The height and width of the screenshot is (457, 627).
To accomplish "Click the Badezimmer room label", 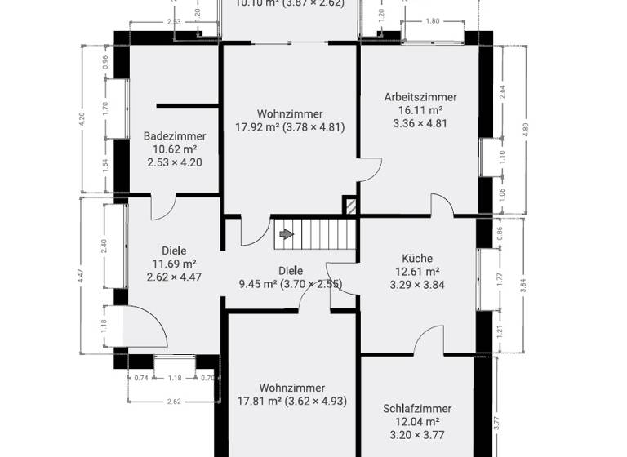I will [175, 136].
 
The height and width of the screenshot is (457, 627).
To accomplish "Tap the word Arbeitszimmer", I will [420, 97].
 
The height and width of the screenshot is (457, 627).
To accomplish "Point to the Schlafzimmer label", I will [417, 409].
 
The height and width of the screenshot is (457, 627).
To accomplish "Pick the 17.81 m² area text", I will [256, 401].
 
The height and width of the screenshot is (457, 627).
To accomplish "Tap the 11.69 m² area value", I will [174, 264].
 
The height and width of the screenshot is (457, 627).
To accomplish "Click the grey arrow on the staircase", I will [287, 235].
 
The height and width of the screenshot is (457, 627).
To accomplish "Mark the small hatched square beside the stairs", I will [349, 206].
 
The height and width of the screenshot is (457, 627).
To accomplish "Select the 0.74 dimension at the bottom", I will [142, 378].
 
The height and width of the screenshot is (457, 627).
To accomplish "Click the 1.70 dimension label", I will [104, 106].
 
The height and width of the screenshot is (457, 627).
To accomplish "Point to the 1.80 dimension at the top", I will [433, 20].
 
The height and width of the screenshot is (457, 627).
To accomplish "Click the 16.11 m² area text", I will [420, 110].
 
